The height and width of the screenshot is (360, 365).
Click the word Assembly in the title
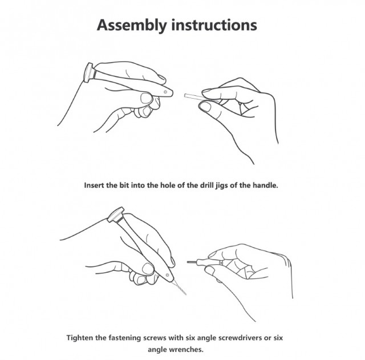pos(132,25)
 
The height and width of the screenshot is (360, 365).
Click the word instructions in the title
pos(214,25)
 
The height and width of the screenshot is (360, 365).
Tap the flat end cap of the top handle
pos(88,72)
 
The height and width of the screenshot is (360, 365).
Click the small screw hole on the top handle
pos(165,92)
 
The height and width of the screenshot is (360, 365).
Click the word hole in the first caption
pos(168,185)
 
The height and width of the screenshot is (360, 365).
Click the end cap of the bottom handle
pos(115,214)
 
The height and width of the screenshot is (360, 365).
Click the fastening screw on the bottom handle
pos(167,275)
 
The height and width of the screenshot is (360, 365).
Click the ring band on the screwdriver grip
pos(221,263)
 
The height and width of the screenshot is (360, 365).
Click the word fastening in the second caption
pos(124,338)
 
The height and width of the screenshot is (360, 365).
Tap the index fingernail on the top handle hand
pos(147,98)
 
